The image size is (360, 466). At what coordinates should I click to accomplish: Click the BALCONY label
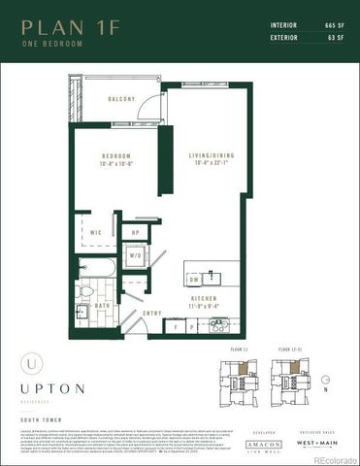(x=121, y=100)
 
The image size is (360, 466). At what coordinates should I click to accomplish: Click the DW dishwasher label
(x=194, y=279)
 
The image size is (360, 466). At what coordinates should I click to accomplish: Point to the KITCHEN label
(x=202, y=300)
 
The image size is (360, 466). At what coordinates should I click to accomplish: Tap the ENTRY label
(x=152, y=313)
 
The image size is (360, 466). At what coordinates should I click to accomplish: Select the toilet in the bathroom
(x=86, y=290)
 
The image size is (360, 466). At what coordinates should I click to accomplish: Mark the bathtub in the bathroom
(x=97, y=266)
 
